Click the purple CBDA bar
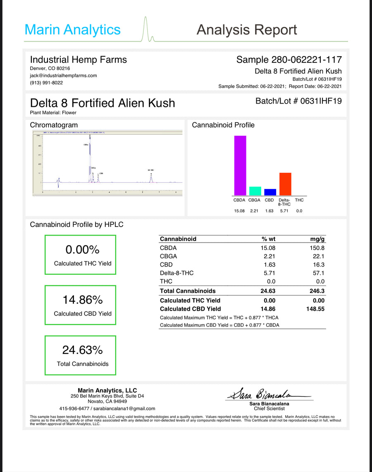point(240,165)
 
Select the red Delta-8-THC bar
point(285,184)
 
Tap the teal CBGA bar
point(255,191)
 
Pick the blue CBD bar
point(270,192)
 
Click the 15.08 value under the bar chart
point(240,211)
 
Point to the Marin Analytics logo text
point(73,30)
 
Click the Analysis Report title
point(247,30)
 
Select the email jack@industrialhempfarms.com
point(63,76)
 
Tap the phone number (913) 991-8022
point(47,83)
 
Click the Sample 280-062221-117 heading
point(289,60)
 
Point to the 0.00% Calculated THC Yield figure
point(82,250)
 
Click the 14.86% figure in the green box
point(82,300)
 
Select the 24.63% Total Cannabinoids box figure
point(82,350)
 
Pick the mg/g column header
point(317,239)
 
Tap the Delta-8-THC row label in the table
point(176,273)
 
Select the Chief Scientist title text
point(269,408)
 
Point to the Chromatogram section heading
point(54,125)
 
